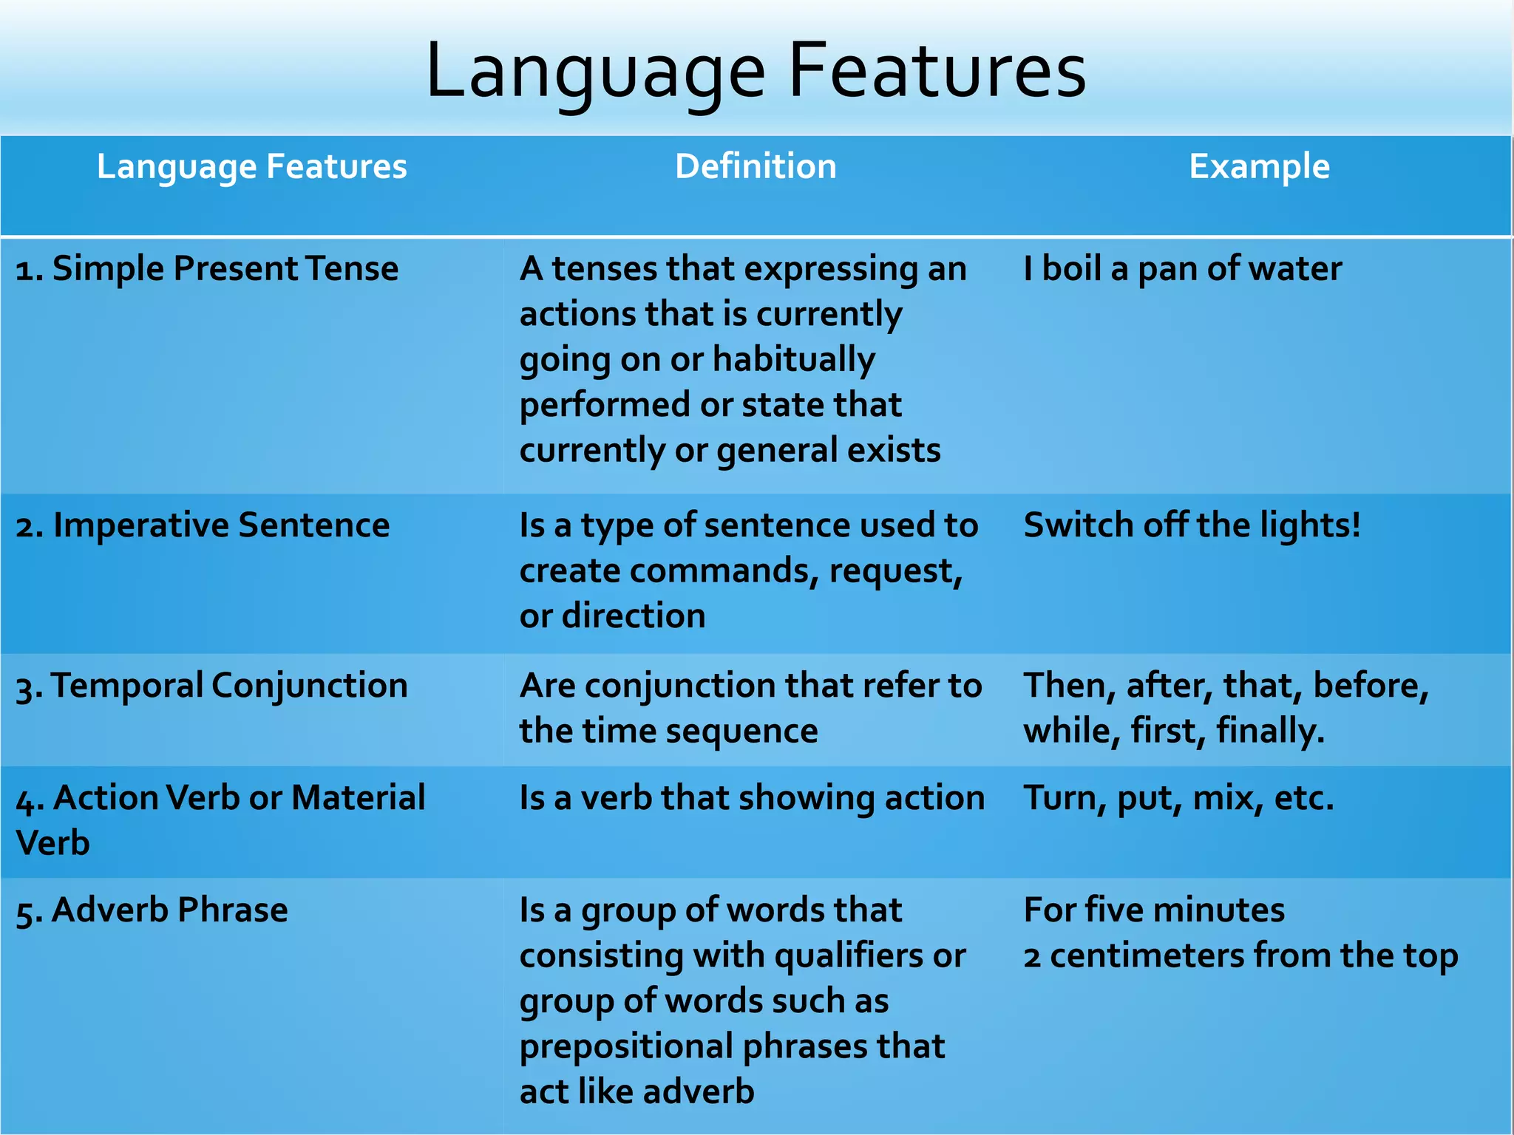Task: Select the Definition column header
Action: click(756, 166)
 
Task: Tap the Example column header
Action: click(1259, 166)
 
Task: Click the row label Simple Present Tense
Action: click(207, 268)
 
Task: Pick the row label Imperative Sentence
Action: click(203, 525)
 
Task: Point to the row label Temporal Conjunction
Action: click(211, 686)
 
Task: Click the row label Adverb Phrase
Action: click(152, 910)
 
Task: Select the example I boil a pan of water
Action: click(1182, 268)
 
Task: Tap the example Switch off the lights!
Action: click(1192, 525)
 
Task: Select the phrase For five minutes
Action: click(1154, 910)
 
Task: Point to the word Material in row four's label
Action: click(358, 798)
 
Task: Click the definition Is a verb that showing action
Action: click(751, 798)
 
